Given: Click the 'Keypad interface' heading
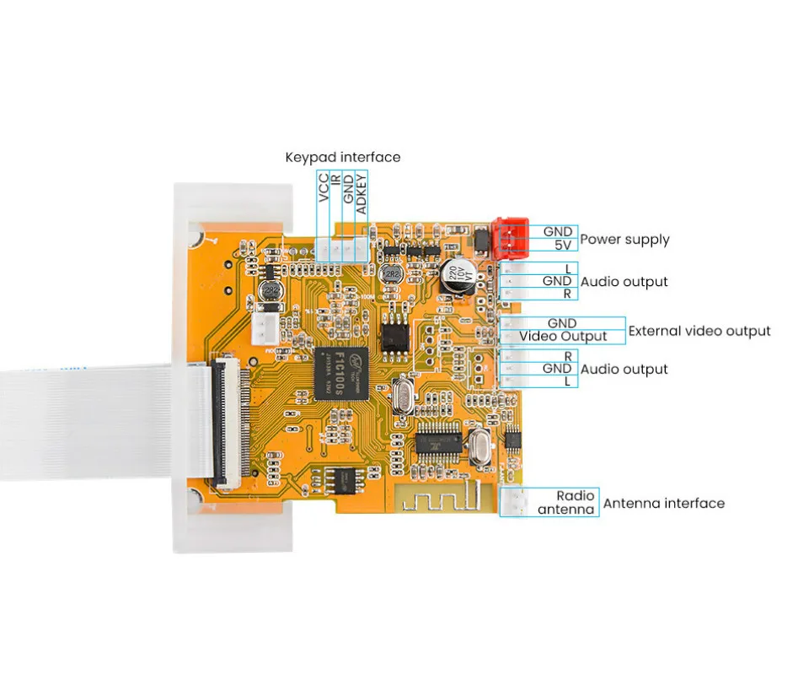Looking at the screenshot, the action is click(x=342, y=157).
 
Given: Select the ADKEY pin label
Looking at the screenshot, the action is click(x=361, y=193).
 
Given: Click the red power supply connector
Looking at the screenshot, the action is click(x=510, y=238).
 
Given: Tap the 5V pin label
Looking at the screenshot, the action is click(x=563, y=246).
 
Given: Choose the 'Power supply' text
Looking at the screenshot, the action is click(x=624, y=239).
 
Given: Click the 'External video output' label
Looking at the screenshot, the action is click(x=699, y=331).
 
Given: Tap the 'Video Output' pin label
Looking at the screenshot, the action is click(x=563, y=336).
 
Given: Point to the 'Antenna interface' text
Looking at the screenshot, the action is click(x=664, y=503).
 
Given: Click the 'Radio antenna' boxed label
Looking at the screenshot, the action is click(x=565, y=502).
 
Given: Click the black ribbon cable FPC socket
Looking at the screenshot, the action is click(x=228, y=422).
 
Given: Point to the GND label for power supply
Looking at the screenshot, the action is click(x=558, y=231).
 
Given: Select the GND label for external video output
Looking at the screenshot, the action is click(x=562, y=323).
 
